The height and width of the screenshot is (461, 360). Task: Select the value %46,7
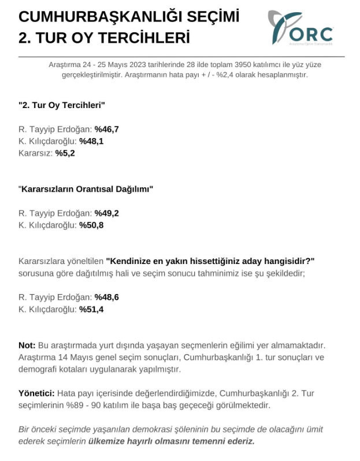tap(107, 129)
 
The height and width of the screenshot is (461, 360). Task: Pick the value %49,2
tap(107, 213)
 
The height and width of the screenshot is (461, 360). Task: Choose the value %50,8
tap(91, 225)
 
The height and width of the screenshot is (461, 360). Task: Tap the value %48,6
tap(107, 297)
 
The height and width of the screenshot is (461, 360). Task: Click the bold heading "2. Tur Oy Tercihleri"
tap(61, 105)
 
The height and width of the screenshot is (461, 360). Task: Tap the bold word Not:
tap(27, 345)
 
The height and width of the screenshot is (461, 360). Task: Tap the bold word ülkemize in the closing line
tap(107, 441)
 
